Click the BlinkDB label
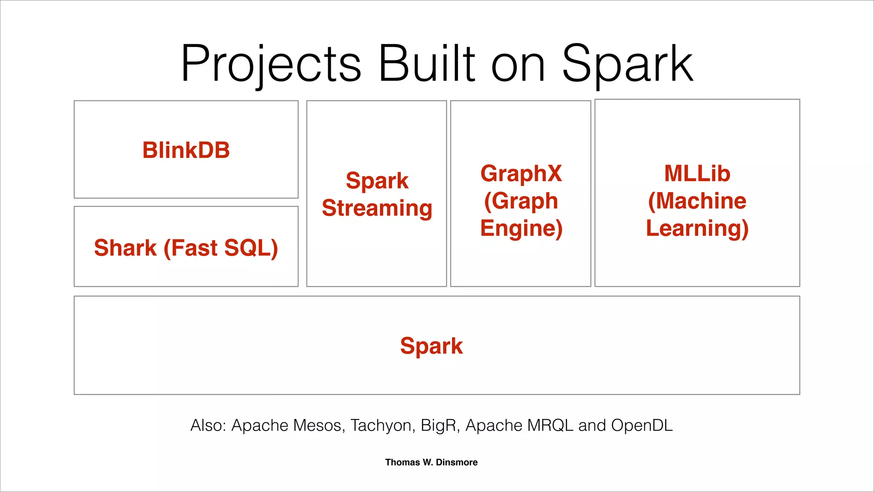186,150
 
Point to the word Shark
125,248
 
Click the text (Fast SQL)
221,248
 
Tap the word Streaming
377,208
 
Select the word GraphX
521,174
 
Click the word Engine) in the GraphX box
521,228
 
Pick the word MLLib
697,174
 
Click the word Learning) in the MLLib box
697,228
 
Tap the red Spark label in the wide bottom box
431,346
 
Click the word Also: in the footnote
208,425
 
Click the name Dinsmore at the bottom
457,462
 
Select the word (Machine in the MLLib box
697,201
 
